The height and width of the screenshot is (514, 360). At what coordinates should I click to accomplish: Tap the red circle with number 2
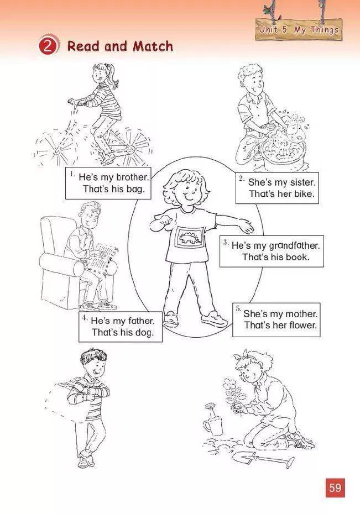48,46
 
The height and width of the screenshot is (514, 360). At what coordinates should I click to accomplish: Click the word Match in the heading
153,46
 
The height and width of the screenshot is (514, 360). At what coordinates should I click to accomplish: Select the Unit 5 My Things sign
299,29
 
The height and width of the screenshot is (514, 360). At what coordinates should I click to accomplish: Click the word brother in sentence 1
133,177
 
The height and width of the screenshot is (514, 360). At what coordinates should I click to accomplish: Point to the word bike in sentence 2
304,194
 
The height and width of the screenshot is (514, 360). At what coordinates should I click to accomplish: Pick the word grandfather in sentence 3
294,245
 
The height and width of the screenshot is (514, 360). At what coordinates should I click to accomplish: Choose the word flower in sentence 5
303,325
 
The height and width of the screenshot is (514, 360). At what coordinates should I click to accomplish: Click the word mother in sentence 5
301,314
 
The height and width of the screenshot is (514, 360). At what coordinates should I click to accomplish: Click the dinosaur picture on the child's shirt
191,237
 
